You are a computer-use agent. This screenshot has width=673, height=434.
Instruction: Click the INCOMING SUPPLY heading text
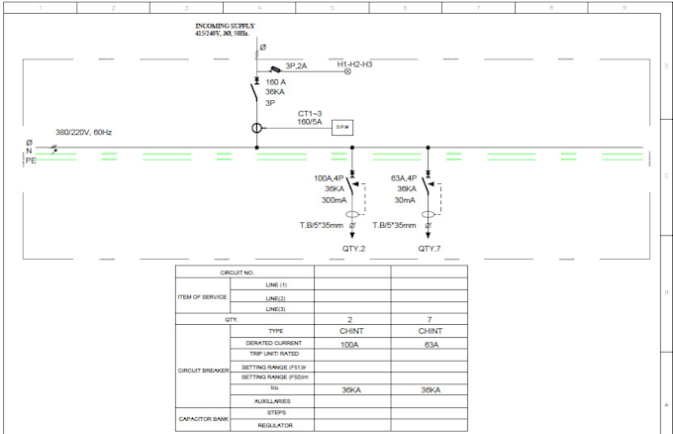pyautogui.click(x=225, y=26)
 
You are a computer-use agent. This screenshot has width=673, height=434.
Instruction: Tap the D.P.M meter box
pyautogui.click(x=342, y=127)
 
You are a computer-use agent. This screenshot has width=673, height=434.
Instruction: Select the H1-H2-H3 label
pyautogui.click(x=354, y=64)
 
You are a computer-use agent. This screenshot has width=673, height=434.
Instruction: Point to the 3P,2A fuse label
pyautogui.click(x=296, y=66)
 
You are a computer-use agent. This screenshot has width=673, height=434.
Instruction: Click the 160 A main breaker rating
pyautogui.click(x=276, y=82)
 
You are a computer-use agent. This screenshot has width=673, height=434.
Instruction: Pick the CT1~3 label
pyautogui.click(x=311, y=114)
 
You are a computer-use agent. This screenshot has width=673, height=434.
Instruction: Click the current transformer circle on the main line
pyautogui.click(x=256, y=128)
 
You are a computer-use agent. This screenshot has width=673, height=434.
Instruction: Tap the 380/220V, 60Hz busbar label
pyautogui.click(x=84, y=133)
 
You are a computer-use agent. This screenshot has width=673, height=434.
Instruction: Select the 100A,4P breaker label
pyautogui.click(x=330, y=178)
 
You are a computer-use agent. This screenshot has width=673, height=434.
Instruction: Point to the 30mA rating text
pyautogui.click(x=406, y=199)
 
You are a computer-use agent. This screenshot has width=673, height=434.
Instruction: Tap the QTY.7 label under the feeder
pyautogui.click(x=429, y=249)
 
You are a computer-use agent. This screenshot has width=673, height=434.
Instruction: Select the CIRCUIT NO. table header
pyautogui.click(x=238, y=272)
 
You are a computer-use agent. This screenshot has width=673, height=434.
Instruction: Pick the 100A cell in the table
pyautogui.click(x=350, y=344)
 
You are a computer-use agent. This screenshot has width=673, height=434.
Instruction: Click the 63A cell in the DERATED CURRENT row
pyautogui.click(x=430, y=344)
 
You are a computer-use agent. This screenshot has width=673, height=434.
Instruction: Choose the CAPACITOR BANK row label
pyautogui.click(x=204, y=419)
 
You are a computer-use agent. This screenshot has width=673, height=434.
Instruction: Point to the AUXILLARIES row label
pyautogui.click(x=272, y=401)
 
